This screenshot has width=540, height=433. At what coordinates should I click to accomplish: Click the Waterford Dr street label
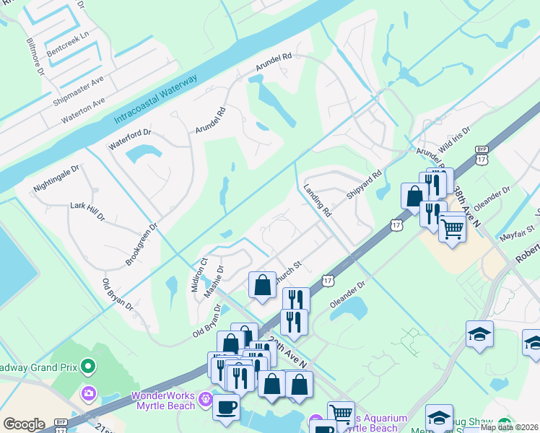click(129, 138)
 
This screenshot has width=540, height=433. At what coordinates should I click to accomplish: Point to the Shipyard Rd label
click(364, 185)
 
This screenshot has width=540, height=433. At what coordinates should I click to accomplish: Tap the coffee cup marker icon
click(226, 406)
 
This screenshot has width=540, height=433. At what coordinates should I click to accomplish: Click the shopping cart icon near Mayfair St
click(452, 229)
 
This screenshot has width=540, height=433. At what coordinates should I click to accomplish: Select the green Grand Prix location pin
click(88, 367)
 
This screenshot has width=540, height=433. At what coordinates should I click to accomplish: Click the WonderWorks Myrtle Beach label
click(163, 401)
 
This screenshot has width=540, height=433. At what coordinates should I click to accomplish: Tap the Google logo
click(24, 424)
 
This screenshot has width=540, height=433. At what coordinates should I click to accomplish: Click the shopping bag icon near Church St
click(262, 284)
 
